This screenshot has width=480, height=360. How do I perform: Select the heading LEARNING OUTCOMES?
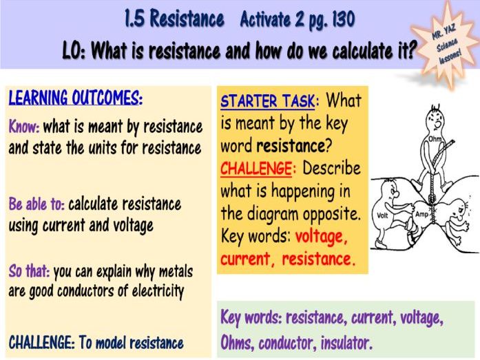tap(75, 98)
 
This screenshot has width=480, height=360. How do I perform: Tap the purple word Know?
tap(24, 127)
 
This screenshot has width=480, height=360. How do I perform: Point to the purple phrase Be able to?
tap(36, 204)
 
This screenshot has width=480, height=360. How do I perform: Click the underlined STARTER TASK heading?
tap(268, 102)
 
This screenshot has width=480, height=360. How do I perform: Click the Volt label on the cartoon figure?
tap(384, 215)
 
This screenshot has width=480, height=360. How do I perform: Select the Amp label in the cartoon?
tap(422, 215)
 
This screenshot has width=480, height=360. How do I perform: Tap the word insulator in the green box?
tap(342, 342)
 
